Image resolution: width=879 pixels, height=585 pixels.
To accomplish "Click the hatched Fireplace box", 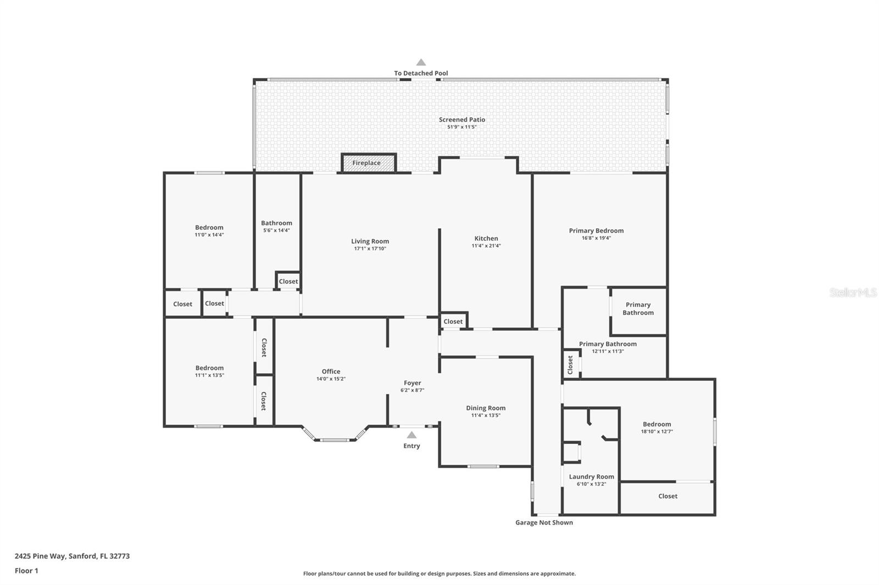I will coord(368,163).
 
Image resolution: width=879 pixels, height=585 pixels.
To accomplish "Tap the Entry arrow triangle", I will coord(411,435).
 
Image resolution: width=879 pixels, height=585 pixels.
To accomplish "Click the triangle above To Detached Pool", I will coord(421,63).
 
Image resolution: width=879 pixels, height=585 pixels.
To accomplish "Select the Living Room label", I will coord(370,241).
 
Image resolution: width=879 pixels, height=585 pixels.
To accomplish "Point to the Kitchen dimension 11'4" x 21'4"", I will coord(486,246).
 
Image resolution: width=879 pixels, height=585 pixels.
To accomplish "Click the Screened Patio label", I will coord(461,119).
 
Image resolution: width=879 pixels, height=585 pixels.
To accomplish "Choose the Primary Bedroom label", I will coord(596,230).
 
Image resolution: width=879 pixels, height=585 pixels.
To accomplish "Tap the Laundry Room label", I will coord(591,476).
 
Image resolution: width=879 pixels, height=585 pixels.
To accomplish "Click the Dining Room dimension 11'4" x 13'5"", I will coord(486,415).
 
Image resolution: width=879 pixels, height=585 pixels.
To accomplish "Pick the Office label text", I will coord(331,372).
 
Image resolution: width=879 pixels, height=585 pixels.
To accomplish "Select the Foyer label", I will coord(412,383).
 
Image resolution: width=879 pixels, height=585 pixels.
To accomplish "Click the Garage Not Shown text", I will coord(544,522).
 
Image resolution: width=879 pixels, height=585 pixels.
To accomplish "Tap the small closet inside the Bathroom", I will coord(288,281).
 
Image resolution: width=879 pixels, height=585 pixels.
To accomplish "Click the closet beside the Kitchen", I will coord(453,322).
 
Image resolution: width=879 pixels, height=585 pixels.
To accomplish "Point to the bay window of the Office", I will coord(335,439).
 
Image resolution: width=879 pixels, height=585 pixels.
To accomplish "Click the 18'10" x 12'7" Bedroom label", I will coord(657,424).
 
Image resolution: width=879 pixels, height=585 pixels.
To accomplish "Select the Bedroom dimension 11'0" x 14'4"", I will coord(209,235).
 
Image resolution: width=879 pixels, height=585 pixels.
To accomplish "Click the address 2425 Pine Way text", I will coord(72,556).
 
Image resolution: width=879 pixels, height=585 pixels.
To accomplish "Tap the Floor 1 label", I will coord(26,571).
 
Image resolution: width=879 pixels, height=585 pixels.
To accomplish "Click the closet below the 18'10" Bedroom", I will coord(667,496).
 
